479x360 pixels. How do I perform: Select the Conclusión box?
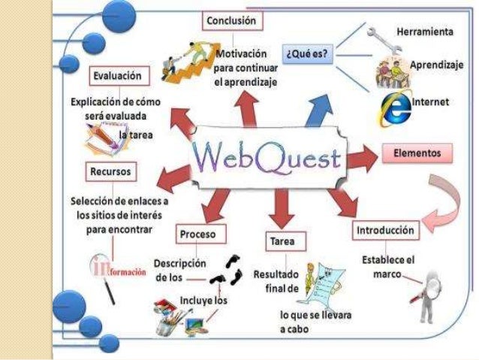[x=233, y=22]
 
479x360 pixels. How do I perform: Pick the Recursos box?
[x=111, y=171]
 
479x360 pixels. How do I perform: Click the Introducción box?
[x=384, y=229]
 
